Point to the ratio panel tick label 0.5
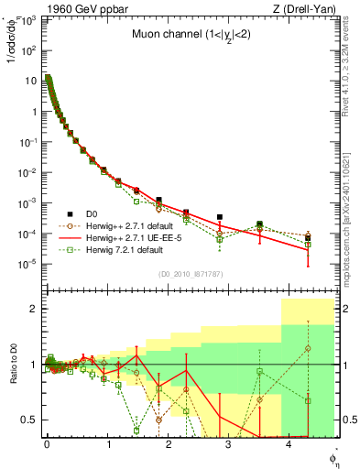click(30, 420)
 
